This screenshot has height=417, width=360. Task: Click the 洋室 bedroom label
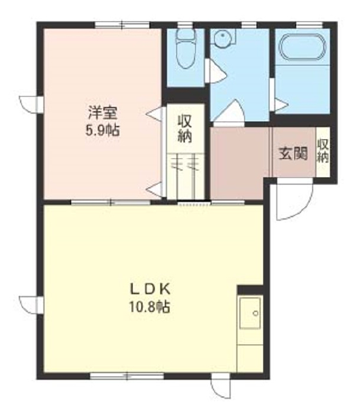[x=102, y=113]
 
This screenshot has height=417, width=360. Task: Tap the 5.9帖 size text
[x=102, y=130]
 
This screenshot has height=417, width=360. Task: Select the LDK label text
[x=150, y=289]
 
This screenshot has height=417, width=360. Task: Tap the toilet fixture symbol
[x=186, y=48]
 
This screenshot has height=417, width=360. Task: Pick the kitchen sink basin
[x=250, y=313]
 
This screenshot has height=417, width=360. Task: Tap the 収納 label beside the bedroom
[x=185, y=129]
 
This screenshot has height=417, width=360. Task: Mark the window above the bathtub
[x=309, y=25]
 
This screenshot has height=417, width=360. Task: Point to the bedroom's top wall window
[x=122, y=25]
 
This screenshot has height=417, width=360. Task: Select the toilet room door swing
[x=216, y=71]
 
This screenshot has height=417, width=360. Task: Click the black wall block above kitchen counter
[x=250, y=290]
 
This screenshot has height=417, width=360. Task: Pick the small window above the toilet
[x=185, y=25]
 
